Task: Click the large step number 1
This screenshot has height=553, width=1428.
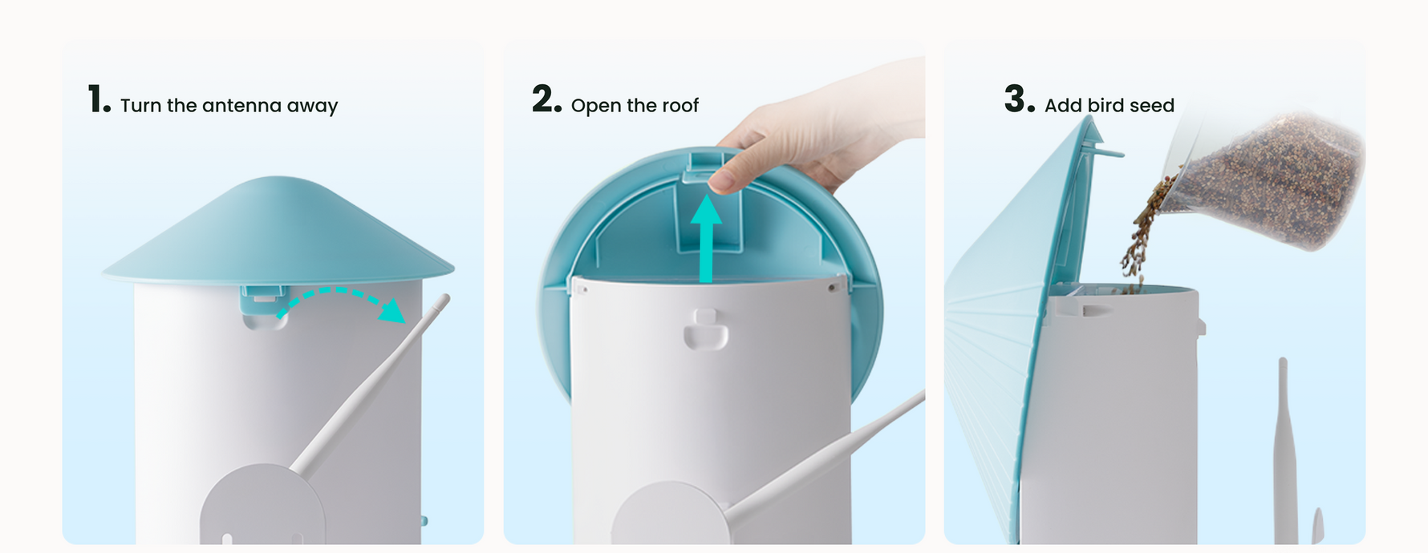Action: point(99,99)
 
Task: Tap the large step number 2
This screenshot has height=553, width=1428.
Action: point(546,99)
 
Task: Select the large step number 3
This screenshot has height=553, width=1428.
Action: point(1019,99)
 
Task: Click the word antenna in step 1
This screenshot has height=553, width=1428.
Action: point(241,106)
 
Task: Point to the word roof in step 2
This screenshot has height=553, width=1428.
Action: point(680,106)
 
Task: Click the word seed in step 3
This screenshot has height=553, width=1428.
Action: point(1152,106)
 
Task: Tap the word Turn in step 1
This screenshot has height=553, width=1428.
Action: point(140,106)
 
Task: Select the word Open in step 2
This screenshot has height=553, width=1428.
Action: point(596,107)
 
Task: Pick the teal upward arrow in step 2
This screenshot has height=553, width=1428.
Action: point(706,238)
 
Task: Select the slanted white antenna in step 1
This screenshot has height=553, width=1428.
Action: point(368,385)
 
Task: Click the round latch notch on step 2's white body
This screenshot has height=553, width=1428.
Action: point(706,329)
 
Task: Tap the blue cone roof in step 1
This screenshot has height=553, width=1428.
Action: point(278,232)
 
